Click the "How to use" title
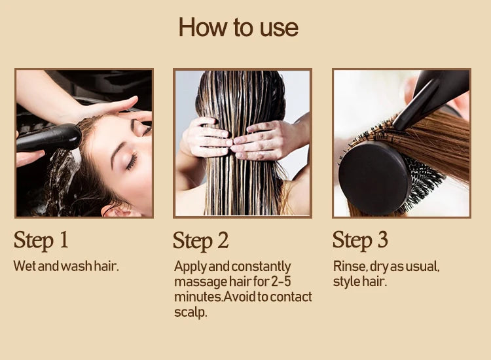(x=238, y=27)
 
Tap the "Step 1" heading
(x=41, y=240)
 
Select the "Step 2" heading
(x=201, y=241)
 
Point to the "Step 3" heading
(x=360, y=240)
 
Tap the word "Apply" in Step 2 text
(x=191, y=267)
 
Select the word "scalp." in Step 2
(x=191, y=312)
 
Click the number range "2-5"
(x=281, y=281)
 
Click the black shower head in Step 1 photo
(x=49, y=138)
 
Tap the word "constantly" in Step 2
(x=261, y=267)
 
